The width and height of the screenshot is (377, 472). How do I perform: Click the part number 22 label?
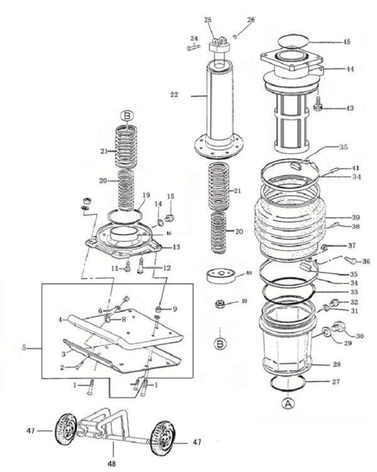[175, 95]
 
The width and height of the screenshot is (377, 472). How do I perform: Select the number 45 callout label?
[346, 42]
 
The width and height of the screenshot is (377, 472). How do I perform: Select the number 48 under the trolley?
[111, 466]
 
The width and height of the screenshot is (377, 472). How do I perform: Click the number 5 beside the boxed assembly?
[25, 346]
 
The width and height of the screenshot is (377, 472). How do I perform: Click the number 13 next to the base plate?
[177, 246]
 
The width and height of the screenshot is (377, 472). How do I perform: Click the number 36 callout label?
[366, 261]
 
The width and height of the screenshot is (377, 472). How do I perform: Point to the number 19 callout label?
[146, 195]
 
